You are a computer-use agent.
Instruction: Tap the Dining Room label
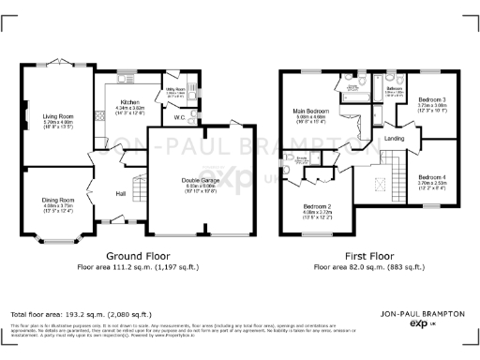coord(59,200)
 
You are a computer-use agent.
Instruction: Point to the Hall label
coord(121,194)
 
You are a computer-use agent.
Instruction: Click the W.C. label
coord(178,118)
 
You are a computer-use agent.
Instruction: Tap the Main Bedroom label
coord(312,112)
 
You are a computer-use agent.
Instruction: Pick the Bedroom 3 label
coord(432,99)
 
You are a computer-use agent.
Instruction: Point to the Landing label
coord(395,139)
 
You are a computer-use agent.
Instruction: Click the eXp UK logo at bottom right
coord(419,323)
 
